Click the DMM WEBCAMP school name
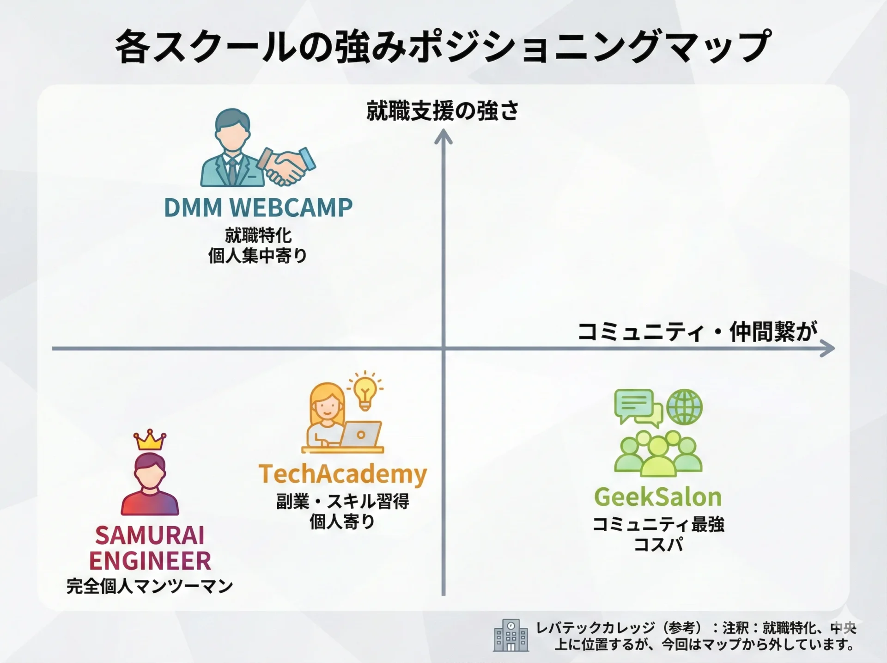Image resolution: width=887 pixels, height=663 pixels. click(x=258, y=208)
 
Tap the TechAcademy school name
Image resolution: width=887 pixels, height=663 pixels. click(x=343, y=474)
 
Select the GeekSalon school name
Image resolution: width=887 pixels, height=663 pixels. click(x=658, y=497)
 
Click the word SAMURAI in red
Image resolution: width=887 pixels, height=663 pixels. click(x=150, y=536)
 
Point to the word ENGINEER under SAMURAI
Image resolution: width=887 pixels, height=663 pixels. click(x=150, y=561)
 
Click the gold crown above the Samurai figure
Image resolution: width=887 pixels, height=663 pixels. click(x=150, y=440)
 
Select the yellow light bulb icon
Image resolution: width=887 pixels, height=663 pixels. click(x=365, y=392)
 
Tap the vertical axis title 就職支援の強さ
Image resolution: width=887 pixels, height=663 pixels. click(x=443, y=111)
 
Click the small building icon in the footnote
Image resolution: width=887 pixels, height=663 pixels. click(x=511, y=635)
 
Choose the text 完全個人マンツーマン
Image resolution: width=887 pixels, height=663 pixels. click(x=150, y=586)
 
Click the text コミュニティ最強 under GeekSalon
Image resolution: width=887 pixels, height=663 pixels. click(x=658, y=524)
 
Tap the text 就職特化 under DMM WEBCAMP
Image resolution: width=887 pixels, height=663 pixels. click(x=258, y=235)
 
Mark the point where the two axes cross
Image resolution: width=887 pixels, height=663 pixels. click(x=443, y=349)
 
